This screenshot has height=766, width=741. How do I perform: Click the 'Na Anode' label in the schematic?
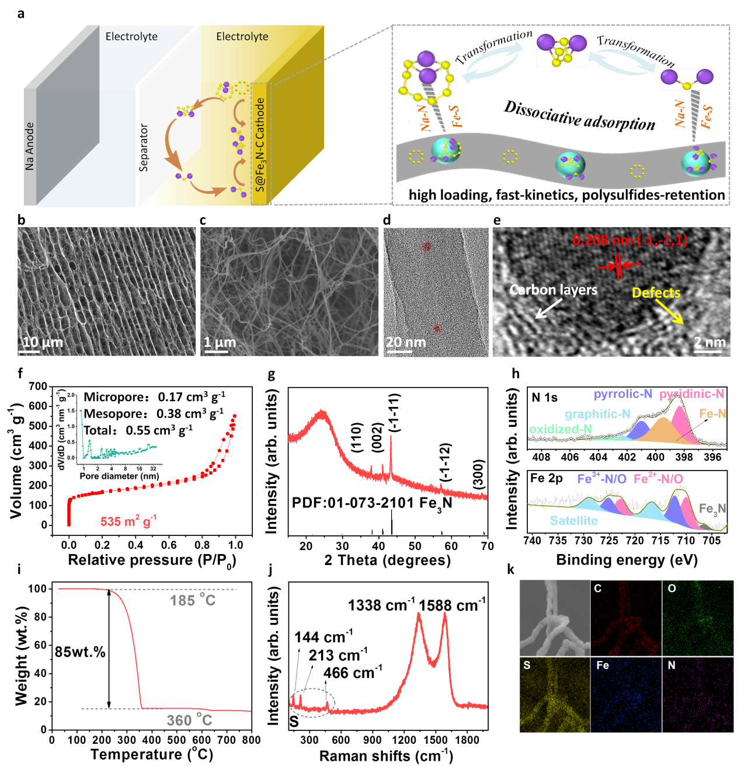30,146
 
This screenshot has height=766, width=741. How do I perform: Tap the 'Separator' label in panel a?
144,147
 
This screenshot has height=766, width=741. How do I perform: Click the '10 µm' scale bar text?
42,342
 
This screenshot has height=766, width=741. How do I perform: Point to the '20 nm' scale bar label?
406,342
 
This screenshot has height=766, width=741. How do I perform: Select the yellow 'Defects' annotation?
656,293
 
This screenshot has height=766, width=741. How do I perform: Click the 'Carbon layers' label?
554,290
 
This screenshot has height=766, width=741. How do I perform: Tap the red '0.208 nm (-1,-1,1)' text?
629,240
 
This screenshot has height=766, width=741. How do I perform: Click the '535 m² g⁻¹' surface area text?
128,521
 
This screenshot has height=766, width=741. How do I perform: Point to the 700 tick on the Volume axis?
38,387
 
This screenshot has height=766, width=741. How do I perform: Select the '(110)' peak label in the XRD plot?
357,437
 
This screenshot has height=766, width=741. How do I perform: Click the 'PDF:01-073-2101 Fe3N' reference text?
372,503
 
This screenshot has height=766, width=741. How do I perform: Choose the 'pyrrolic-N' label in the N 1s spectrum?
622,394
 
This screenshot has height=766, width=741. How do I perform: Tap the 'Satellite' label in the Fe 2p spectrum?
573,520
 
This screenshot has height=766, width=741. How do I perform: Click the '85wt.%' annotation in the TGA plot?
80,652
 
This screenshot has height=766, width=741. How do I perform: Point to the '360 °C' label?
189,720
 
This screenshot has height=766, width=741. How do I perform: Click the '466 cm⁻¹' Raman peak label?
353,673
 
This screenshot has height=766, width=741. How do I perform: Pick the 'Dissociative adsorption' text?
579,115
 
